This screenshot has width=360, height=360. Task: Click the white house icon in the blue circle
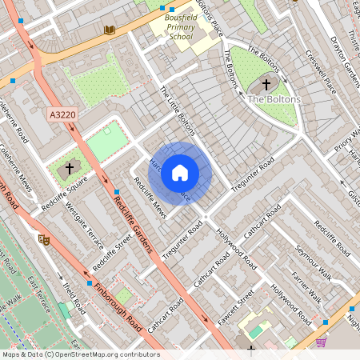pos(180,173)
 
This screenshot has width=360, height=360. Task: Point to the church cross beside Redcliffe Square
pos(70,169)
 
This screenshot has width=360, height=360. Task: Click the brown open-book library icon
pos(110,30)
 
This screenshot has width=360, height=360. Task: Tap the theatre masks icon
pos(43,238)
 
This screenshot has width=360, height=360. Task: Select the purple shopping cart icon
pos(321,342)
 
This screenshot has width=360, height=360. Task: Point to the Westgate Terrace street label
pos(85,227)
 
